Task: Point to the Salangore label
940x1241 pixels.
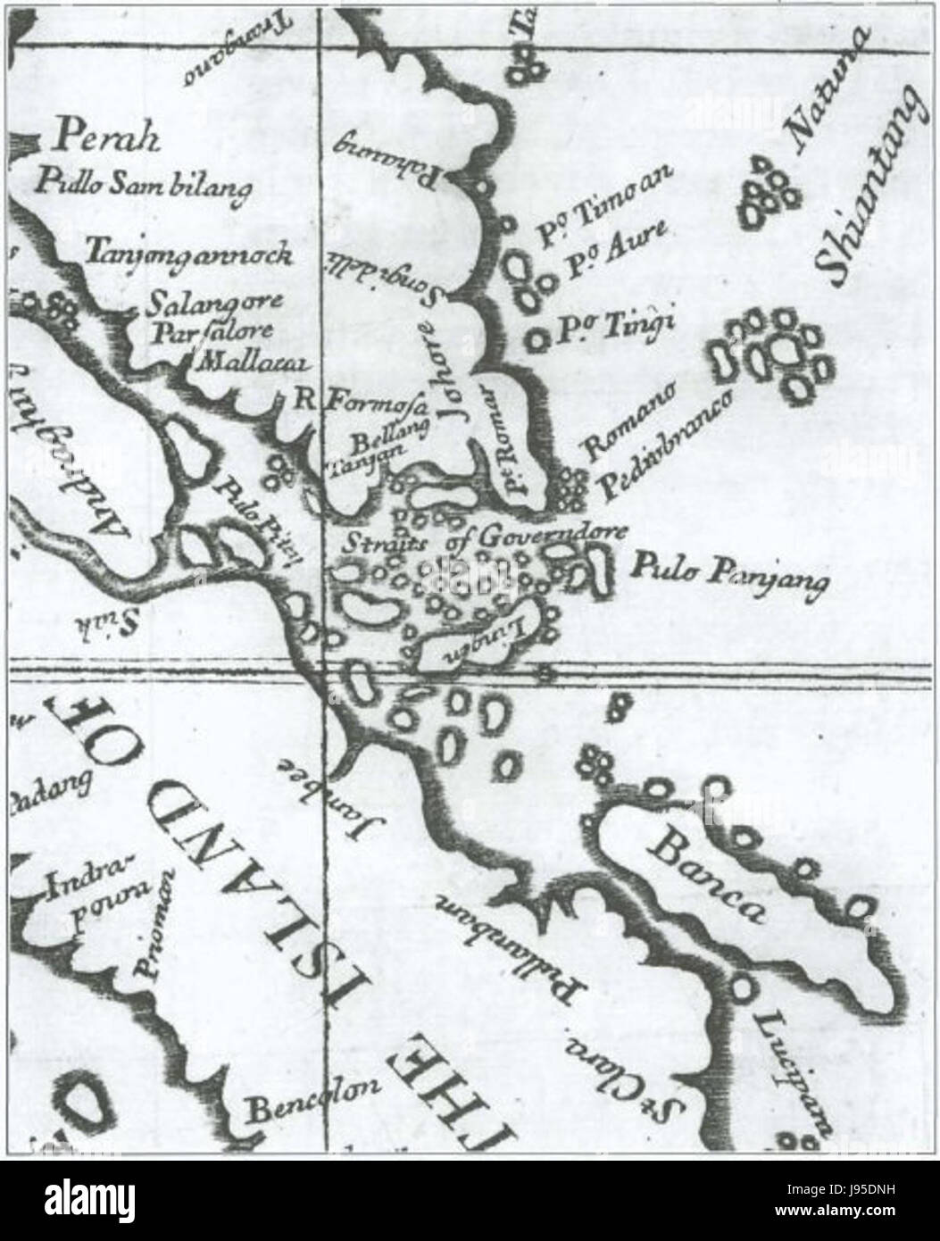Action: (215, 303)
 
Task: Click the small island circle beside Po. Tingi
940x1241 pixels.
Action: (537, 339)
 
